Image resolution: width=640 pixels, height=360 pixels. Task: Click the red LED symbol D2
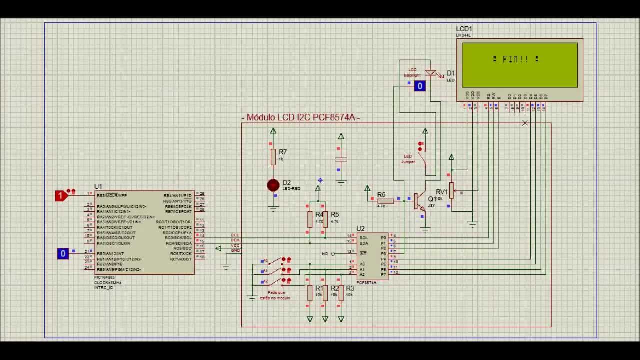point(273,185)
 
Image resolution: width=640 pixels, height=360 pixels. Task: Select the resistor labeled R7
point(273,157)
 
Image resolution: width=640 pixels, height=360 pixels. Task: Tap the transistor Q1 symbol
point(419,201)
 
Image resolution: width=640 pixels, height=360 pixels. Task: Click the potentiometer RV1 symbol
point(451,190)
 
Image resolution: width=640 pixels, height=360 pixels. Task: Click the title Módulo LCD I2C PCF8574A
point(300,117)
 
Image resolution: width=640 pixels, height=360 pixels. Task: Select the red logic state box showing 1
point(61,195)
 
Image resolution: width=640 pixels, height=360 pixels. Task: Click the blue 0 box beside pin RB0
point(63,254)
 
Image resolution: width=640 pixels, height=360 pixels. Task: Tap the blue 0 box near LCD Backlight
point(420,86)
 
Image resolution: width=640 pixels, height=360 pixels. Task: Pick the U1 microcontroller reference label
point(98,186)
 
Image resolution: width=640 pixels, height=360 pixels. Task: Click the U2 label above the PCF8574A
point(360,229)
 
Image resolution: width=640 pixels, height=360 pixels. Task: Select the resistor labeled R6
point(386,201)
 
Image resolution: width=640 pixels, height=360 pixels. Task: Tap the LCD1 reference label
point(464,29)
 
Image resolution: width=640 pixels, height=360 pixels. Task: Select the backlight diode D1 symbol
point(430,73)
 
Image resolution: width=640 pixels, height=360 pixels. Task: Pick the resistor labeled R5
point(325,219)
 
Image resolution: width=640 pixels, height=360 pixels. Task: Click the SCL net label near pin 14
point(235,235)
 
